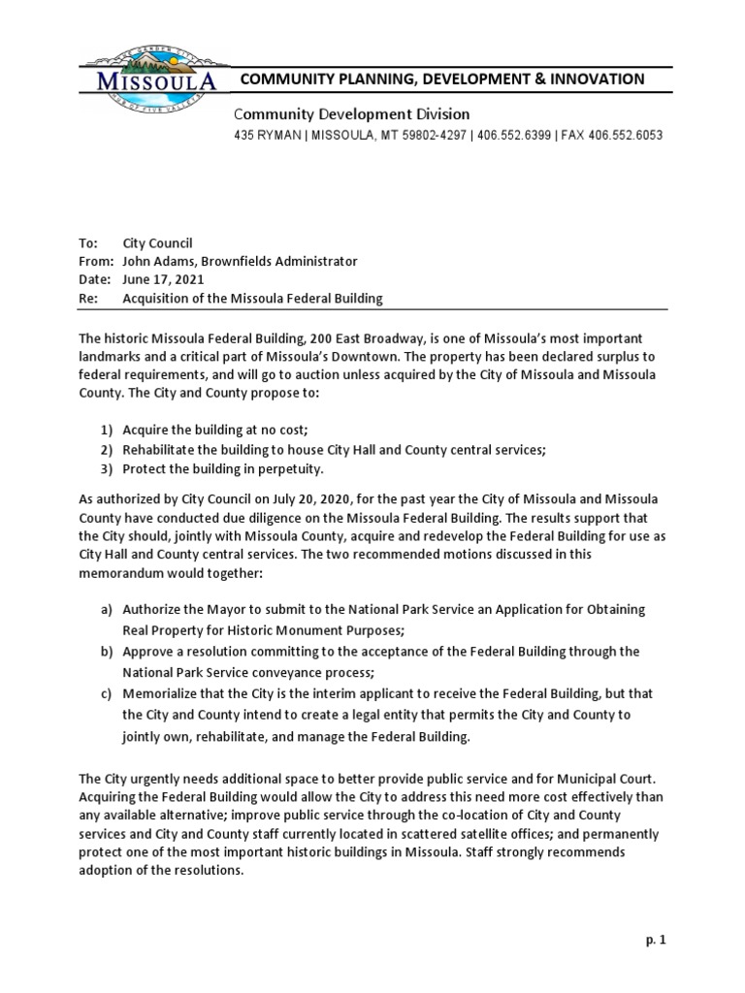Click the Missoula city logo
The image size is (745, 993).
149,78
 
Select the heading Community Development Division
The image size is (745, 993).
351,114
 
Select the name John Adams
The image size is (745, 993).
156,262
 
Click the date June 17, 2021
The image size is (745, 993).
163,280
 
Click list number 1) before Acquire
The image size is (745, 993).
107,430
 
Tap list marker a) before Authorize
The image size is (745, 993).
106,610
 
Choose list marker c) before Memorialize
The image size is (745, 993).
106,695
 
